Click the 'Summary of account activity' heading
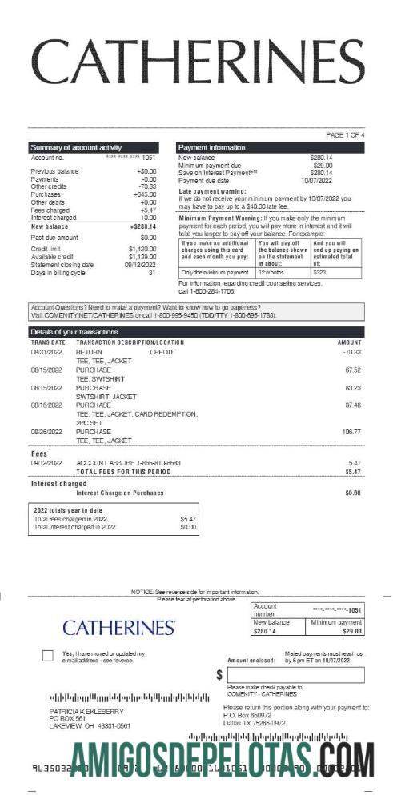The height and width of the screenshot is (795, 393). click(76, 148)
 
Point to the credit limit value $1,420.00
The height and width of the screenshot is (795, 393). click(142, 249)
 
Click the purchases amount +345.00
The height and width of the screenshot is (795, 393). click(145, 194)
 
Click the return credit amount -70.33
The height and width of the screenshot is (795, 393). click(352, 351)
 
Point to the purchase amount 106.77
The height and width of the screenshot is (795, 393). click(351, 431)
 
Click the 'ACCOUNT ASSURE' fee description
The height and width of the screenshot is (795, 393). click(128, 463)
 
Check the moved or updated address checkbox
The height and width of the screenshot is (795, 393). click(47, 656)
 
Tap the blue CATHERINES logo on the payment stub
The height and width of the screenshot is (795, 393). click(119, 627)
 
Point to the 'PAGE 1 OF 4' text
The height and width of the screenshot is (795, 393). click(345, 135)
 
